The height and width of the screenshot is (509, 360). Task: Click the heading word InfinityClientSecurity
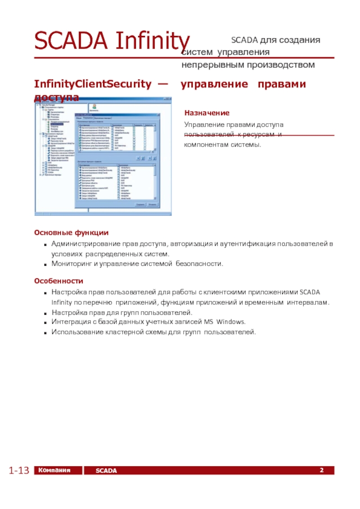click(x=93, y=84)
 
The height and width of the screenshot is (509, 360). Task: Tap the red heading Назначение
click(x=207, y=113)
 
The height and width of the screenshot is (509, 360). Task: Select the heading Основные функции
click(x=71, y=233)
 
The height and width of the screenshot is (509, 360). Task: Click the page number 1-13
click(x=18, y=471)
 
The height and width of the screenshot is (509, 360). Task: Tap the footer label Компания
click(x=54, y=470)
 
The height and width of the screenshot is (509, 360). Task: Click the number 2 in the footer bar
click(x=322, y=470)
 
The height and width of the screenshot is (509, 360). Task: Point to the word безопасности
click(x=199, y=263)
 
